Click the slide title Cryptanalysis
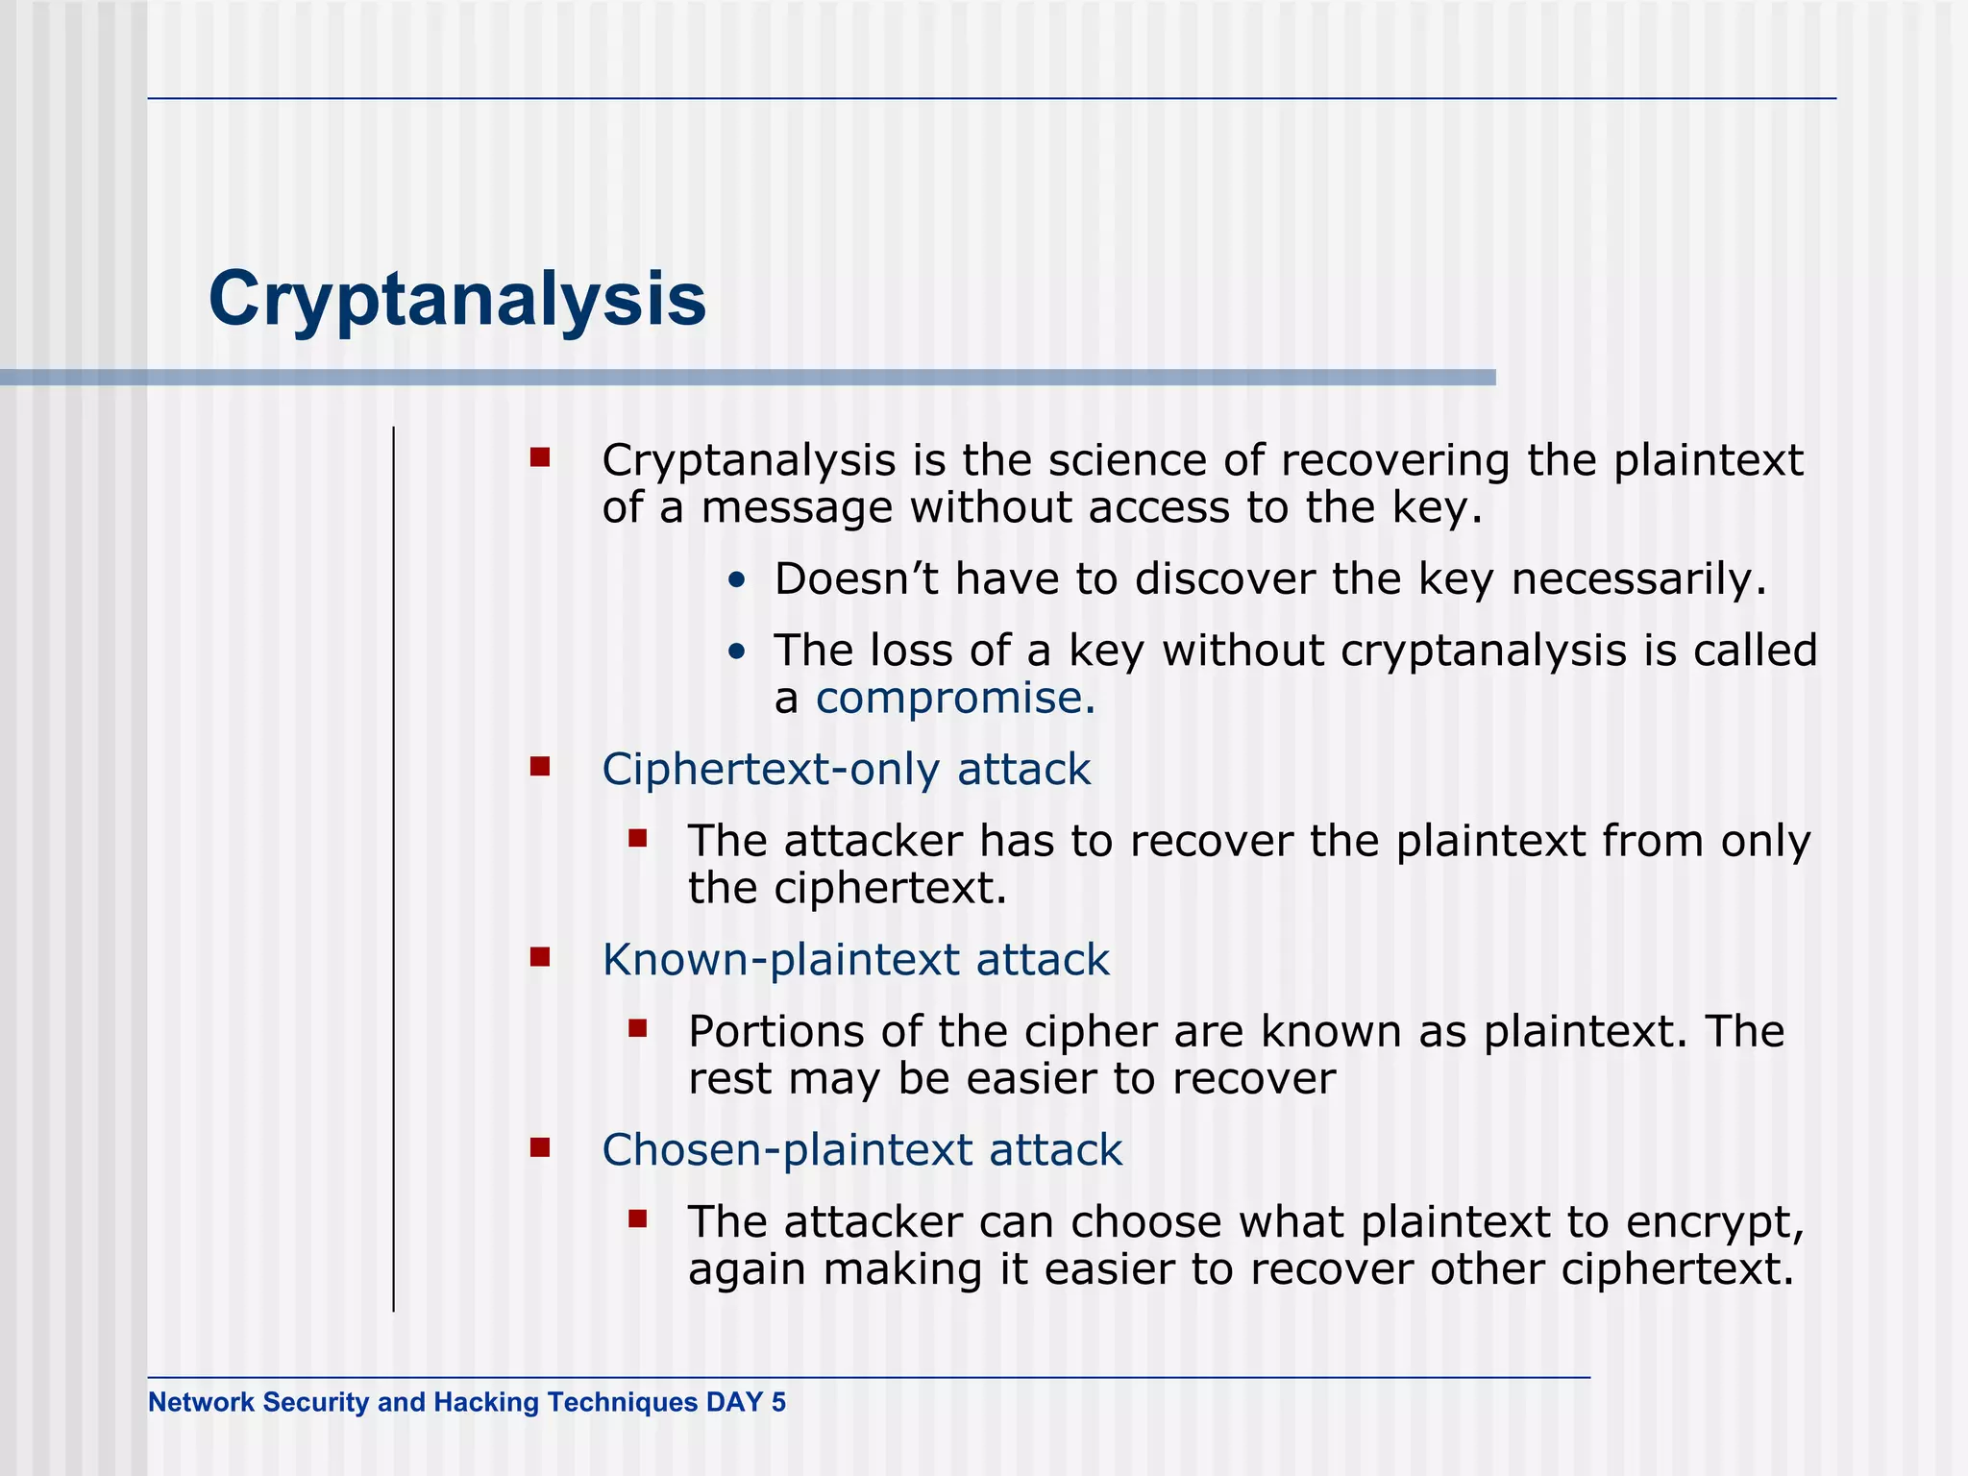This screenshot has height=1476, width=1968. [x=457, y=300]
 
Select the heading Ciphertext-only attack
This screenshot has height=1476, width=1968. [x=846, y=770]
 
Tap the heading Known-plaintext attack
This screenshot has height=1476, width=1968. [x=855, y=960]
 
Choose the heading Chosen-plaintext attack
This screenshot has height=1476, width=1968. [x=862, y=1150]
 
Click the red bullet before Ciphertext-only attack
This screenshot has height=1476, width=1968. [x=540, y=766]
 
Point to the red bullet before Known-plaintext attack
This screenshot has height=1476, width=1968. [x=540, y=956]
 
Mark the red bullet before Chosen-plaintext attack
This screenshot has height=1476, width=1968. [x=540, y=1146]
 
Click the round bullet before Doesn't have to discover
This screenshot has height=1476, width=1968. [x=736, y=581]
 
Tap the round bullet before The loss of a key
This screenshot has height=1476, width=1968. [x=736, y=652]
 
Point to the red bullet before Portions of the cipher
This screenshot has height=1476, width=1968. [x=638, y=1029]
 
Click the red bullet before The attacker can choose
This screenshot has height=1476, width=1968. [x=638, y=1219]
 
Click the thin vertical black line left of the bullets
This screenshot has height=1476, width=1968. [x=394, y=865]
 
